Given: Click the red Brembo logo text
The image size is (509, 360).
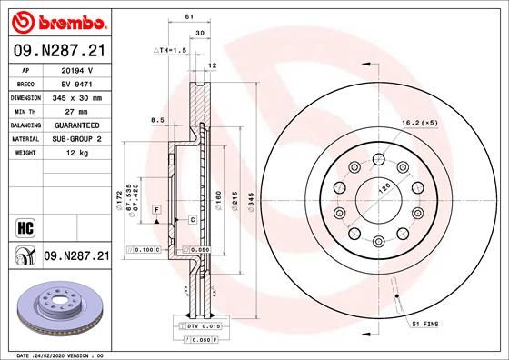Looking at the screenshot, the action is click(x=73, y=23).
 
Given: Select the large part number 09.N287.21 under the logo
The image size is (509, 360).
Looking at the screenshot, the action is click(x=59, y=51).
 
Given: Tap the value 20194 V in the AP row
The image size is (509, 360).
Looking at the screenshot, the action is click(x=77, y=70).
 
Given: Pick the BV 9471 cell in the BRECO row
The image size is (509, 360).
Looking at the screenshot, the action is click(x=77, y=85).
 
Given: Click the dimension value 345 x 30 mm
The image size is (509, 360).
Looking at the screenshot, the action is click(x=77, y=98).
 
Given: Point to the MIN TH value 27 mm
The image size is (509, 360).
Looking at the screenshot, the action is click(x=76, y=112).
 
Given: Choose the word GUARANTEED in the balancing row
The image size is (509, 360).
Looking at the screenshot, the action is click(x=77, y=125).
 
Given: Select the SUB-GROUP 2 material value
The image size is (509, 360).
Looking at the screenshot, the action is click(x=77, y=139).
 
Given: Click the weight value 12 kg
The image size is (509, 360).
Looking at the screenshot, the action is click(x=77, y=153).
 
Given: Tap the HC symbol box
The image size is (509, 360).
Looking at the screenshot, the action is click(x=25, y=228).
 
